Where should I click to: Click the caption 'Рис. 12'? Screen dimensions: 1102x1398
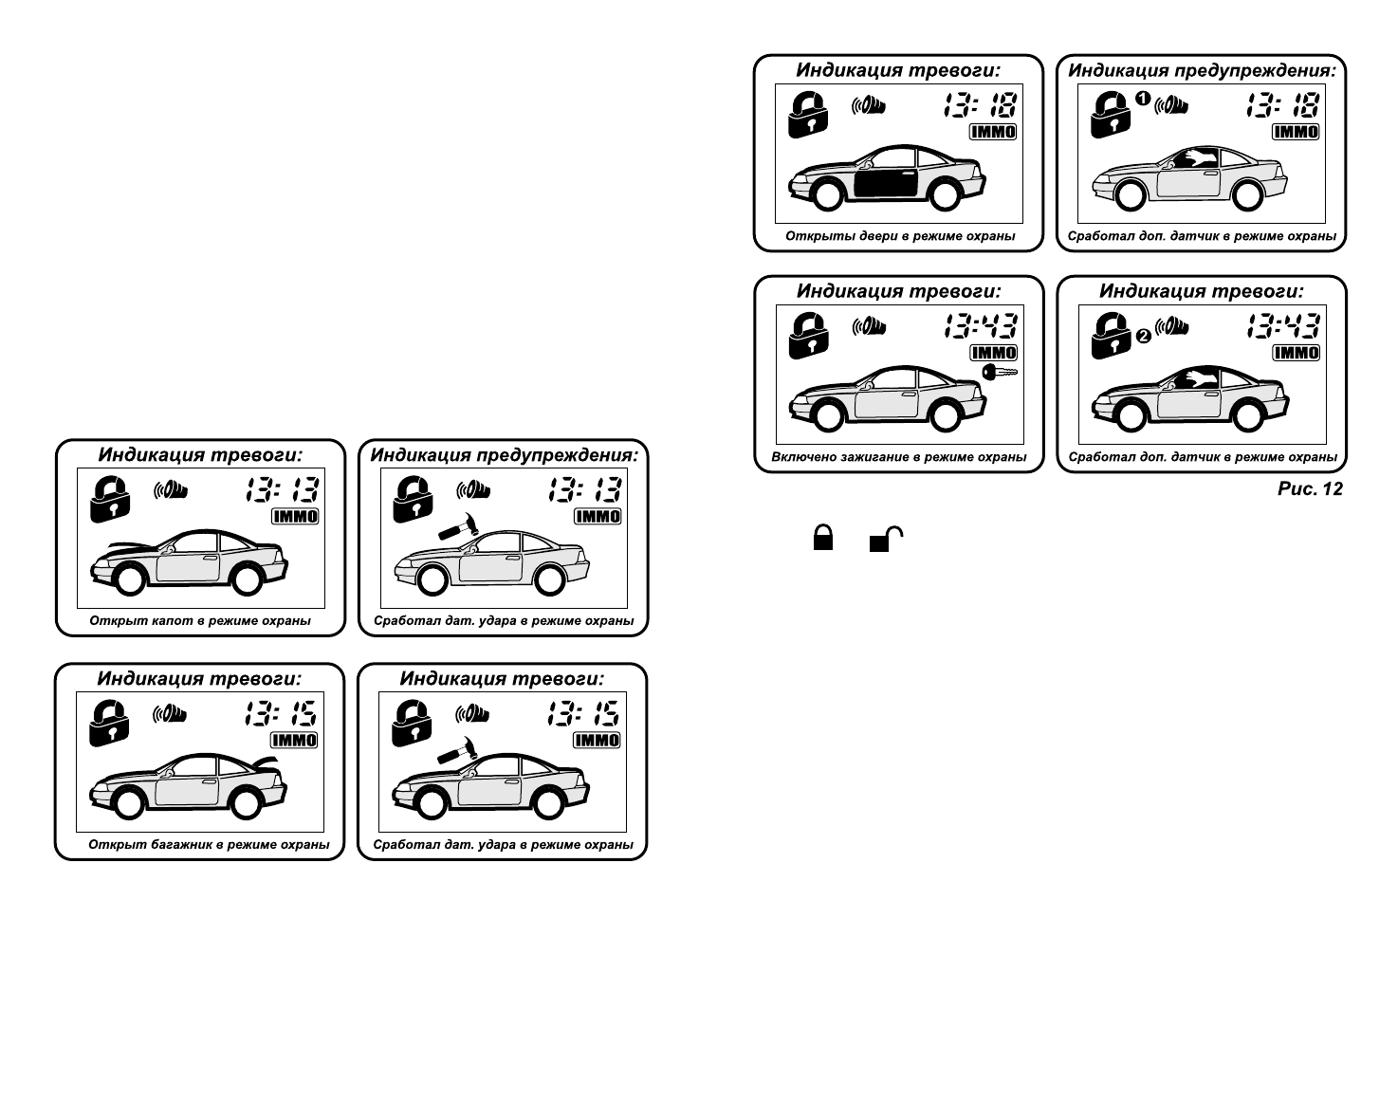(1310, 489)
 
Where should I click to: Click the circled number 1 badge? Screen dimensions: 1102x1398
(1143, 98)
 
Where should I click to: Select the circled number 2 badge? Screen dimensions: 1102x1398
(1143, 335)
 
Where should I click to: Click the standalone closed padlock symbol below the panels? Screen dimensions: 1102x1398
(822, 539)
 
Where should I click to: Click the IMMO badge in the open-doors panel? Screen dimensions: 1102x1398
(992, 133)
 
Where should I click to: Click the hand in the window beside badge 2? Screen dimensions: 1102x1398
(1198, 379)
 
